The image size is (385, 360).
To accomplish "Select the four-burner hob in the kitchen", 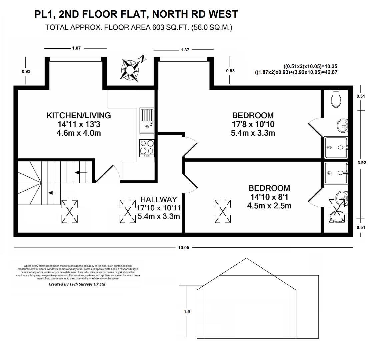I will pyautogui.click(x=147, y=148).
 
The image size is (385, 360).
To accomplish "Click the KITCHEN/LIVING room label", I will pyautogui.click(x=79, y=116).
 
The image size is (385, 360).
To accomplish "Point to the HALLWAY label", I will pyautogui.click(x=158, y=199).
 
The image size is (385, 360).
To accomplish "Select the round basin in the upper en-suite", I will pyautogui.click(x=342, y=126).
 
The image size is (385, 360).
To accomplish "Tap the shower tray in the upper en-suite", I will pyautogui.click(x=336, y=147).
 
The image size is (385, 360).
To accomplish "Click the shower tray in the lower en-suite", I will pyautogui.click(x=336, y=173).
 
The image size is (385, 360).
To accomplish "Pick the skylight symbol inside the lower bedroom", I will pyautogui.click(x=223, y=211).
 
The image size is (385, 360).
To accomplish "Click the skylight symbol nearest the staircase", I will pyautogui.click(x=70, y=211).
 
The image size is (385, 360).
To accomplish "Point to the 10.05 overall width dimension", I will pyautogui.click(x=183, y=248).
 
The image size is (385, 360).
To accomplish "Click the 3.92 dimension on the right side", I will pyautogui.click(x=361, y=163).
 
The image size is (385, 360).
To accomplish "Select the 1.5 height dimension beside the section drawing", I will pyautogui.click(x=187, y=312).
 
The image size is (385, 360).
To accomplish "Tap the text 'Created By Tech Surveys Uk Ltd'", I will pyautogui.click(x=77, y=284).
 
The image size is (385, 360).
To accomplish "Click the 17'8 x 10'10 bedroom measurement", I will pyautogui.click(x=253, y=124).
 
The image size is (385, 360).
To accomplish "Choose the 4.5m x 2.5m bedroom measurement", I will pyautogui.click(x=269, y=206).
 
